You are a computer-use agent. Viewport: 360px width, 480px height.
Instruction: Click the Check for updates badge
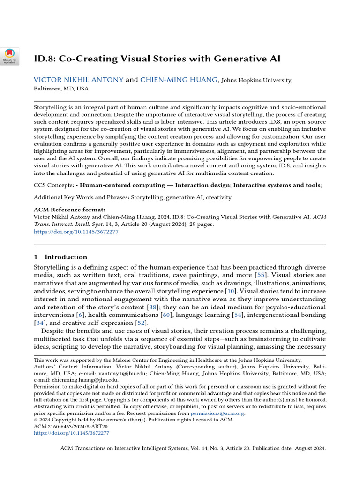click(x=10, y=56)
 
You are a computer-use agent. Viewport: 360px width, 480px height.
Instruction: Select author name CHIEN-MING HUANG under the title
click(x=179, y=80)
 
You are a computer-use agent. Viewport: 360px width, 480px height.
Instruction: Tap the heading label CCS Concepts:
click(x=53, y=185)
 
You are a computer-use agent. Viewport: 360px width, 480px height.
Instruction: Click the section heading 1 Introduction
click(x=61, y=257)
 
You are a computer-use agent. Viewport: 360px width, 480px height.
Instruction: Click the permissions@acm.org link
click(x=217, y=413)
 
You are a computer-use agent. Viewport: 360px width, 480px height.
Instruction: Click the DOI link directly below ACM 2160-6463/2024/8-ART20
click(x=71, y=433)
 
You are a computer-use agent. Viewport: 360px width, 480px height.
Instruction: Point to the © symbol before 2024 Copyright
click(x=36, y=420)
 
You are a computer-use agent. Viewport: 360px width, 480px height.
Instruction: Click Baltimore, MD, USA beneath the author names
click(x=61, y=89)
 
